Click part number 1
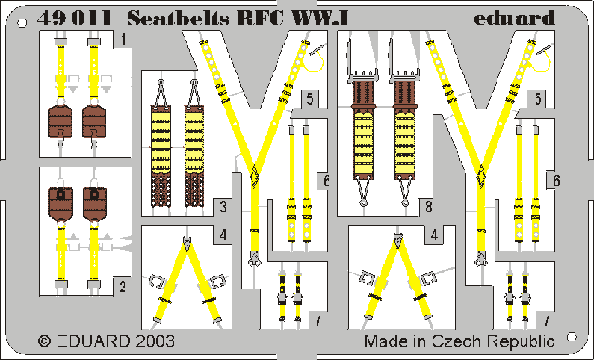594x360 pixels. tap(123, 38)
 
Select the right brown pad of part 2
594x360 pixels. tap(93, 201)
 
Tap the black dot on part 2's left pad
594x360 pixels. tap(61, 195)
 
